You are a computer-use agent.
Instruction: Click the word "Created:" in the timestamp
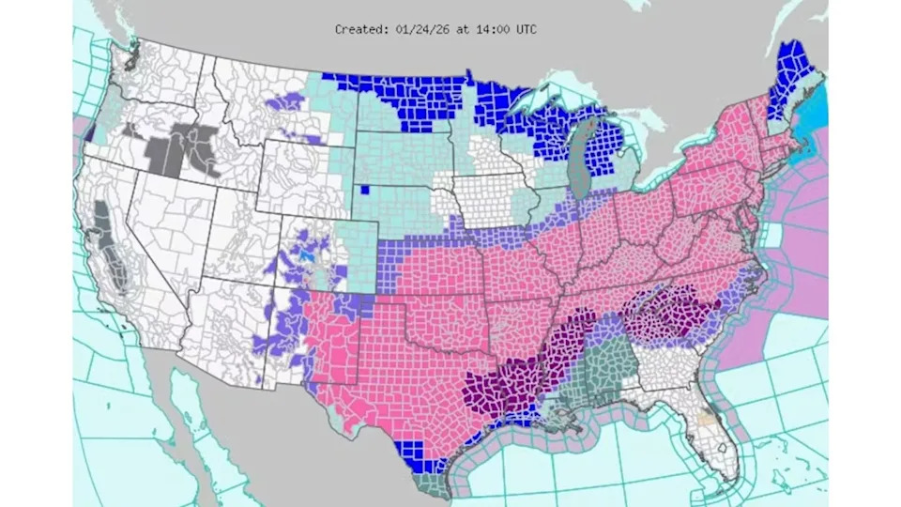(361, 30)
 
